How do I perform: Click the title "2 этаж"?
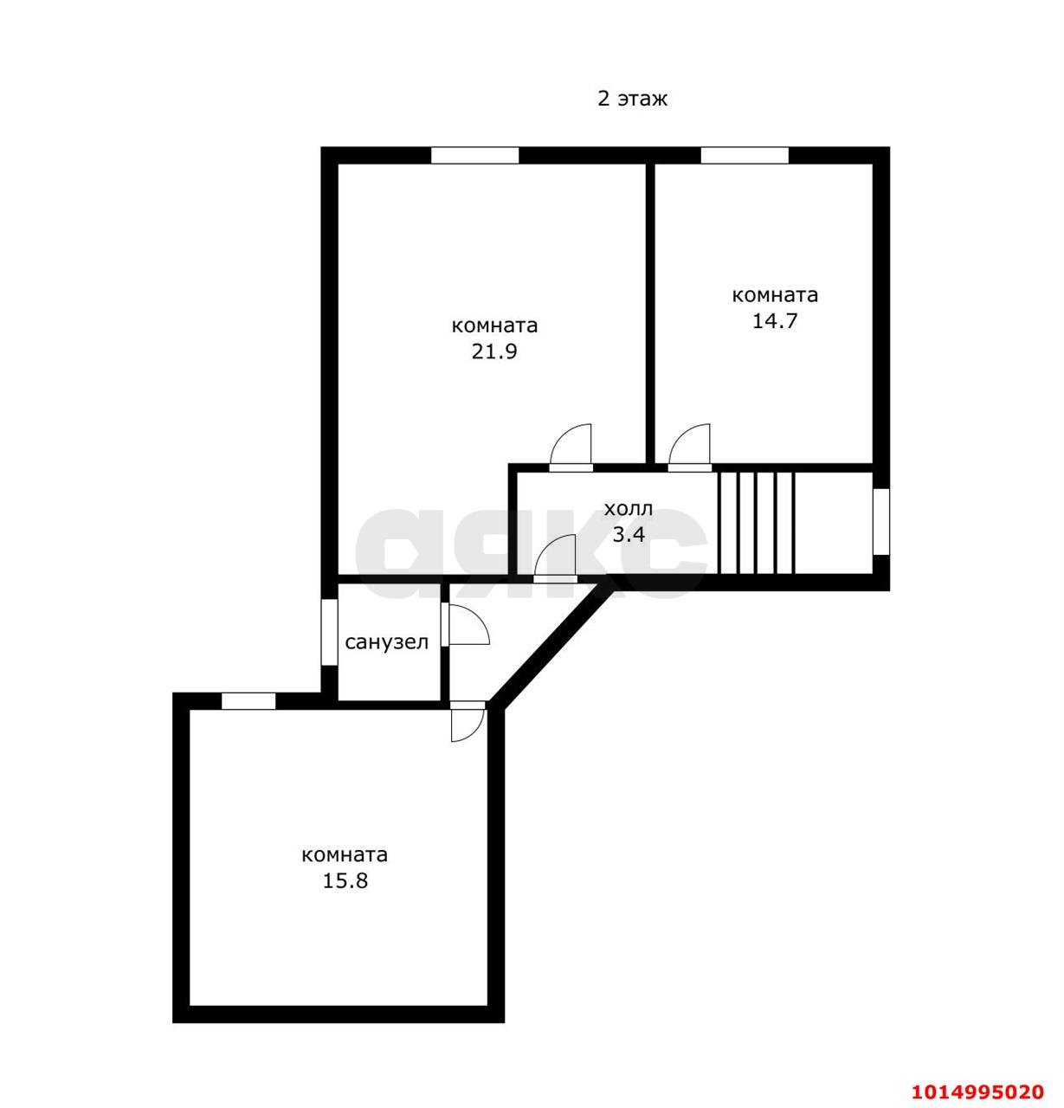632,99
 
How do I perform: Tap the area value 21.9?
493,351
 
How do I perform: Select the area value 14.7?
775,321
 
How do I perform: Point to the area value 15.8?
345,881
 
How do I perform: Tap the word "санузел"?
387,642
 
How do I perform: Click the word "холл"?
629,508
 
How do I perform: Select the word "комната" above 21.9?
494,326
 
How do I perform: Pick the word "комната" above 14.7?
775,295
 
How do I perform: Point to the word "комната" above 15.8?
345,855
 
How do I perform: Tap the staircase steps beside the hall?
757,523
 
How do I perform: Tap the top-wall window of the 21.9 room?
474,156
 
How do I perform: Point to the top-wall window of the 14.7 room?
745,156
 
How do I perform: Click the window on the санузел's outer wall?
329,632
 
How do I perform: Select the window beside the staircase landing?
881,522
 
